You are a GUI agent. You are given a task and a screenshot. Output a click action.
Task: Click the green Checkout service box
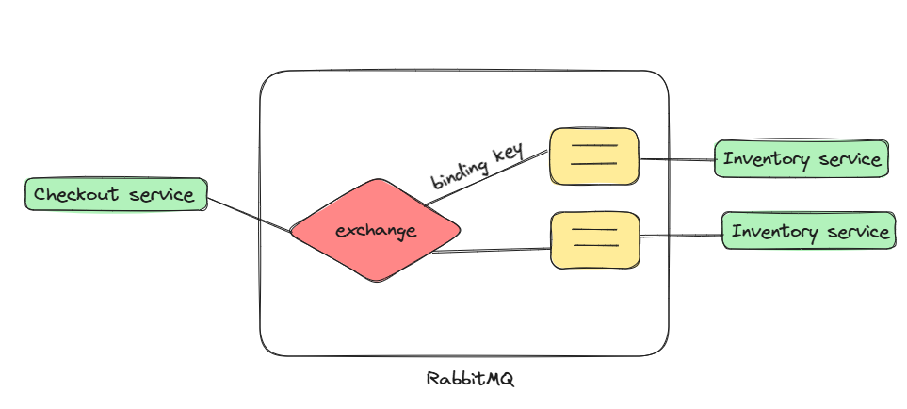pos(116,195)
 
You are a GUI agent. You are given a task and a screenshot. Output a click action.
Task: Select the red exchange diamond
pos(376,230)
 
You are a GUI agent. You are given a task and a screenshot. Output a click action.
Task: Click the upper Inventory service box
pos(801,159)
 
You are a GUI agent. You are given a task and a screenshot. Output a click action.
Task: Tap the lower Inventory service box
pos(808,231)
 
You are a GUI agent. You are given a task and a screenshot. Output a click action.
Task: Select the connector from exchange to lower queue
pos(490,250)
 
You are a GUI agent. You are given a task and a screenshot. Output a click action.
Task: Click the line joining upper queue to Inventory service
pos(676,159)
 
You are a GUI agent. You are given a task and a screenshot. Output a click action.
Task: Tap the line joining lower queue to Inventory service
pos(680,237)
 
